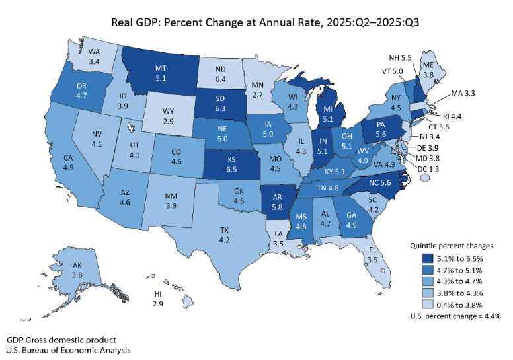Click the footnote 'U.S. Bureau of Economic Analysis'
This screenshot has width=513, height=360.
tap(69, 349)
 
